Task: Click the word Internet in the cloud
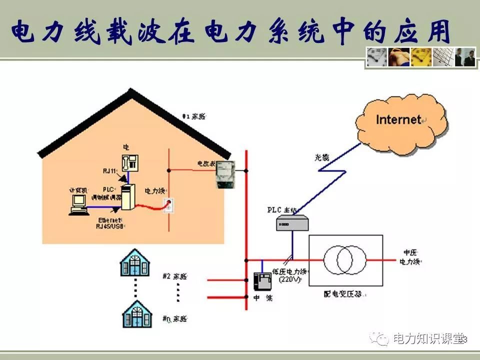[398, 119]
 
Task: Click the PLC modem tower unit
[128, 197]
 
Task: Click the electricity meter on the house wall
[225, 174]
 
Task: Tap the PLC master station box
[292, 222]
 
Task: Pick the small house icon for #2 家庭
[135, 263]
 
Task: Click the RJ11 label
[110, 171]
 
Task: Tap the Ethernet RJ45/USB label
[109, 223]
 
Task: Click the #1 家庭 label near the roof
[194, 117]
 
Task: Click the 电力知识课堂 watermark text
[427, 338]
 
